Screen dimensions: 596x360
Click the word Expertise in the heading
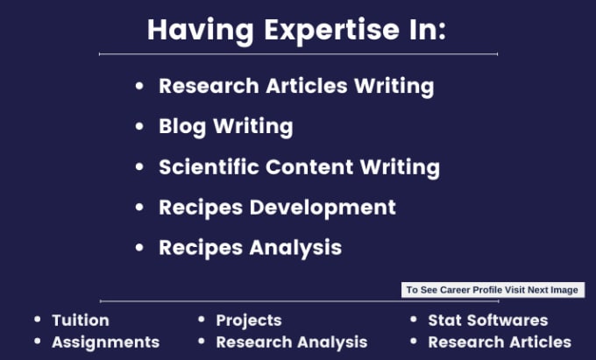(331, 32)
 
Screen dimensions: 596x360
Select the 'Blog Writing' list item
(226, 126)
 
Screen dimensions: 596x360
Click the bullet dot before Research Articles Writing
(139, 86)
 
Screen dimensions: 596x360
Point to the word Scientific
(209, 166)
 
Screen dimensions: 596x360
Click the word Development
(323, 208)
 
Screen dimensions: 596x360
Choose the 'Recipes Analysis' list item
(250, 248)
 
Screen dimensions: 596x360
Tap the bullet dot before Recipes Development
(139, 208)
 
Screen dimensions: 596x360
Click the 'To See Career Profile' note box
(493, 290)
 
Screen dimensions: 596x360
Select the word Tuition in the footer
(81, 320)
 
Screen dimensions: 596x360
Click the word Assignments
(106, 342)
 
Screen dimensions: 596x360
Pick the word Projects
(249, 321)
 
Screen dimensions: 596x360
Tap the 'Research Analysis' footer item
(292, 342)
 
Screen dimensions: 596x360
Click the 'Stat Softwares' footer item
(488, 320)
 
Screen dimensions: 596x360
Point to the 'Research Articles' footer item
(500, 342)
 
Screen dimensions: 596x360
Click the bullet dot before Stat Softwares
(414, 320)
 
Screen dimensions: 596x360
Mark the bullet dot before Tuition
(37, 320)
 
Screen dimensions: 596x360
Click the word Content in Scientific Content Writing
(309, 166)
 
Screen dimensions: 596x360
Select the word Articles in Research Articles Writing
(307, 86)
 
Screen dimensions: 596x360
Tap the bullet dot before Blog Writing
(139, 126)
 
